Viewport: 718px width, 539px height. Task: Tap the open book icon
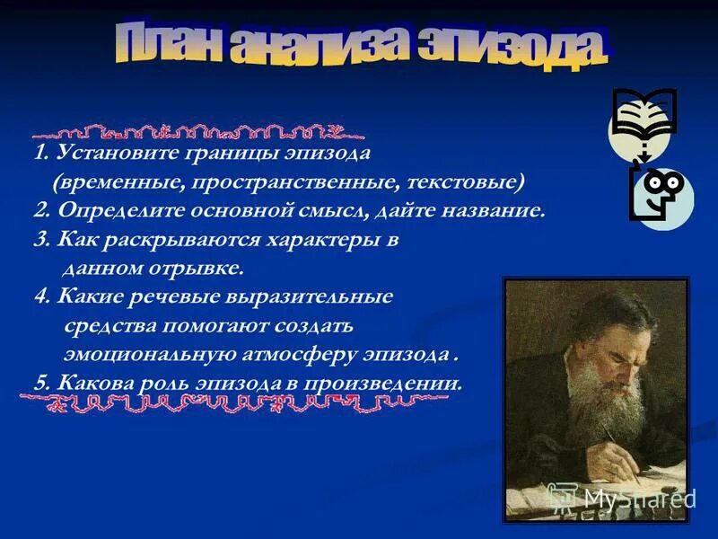click(x=644, y=115)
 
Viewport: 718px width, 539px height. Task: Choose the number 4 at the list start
click(x=39, y=296)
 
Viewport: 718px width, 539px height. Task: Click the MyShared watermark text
click(x=637, y=498)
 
